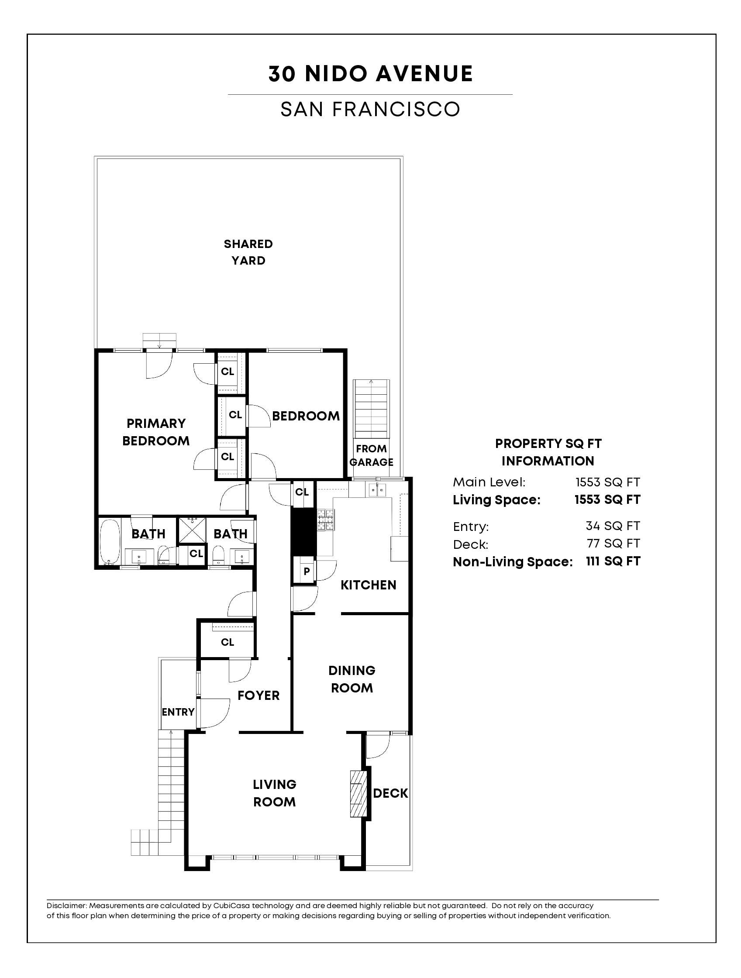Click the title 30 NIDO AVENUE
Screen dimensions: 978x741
point(370,74)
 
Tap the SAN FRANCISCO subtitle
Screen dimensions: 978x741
point(370,110)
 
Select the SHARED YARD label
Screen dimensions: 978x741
point(248,252)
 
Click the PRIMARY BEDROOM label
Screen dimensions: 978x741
point(155,432)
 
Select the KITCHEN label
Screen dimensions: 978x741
point(368,585)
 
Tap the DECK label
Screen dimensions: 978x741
point(390,793)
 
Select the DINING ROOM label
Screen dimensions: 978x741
point(352,679)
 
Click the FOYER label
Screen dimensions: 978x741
point(258,696)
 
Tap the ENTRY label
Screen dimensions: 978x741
point(178,712)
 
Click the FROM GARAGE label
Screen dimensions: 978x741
point(371,455)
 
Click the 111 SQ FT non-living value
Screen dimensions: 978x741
point(613,561)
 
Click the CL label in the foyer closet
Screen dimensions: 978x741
point(227,642)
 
